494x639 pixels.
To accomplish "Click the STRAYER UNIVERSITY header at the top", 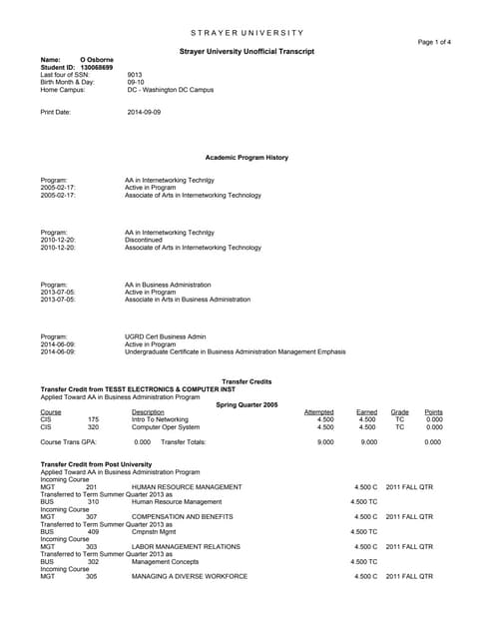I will [x=246, y=34].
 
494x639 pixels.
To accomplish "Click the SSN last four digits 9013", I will [x=136, y=75].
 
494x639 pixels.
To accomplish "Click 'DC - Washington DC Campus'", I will [x=171, y=91].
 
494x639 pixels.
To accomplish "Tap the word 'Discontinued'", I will [x=146, y=240].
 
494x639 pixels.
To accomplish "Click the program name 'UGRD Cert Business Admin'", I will [x=165, y=336].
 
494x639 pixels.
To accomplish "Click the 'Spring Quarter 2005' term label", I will [x=247, y=404].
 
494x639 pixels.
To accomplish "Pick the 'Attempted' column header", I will [x=318, y=412].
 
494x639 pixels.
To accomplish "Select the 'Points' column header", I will [x=433, y=412].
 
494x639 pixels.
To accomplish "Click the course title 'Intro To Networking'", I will [x=160, y=419].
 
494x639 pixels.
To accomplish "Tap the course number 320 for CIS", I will [x=93, y=427].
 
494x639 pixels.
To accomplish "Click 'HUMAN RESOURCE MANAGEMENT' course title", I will [x=187, y=486].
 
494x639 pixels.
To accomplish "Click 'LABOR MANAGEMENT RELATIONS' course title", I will [x=186, y=547].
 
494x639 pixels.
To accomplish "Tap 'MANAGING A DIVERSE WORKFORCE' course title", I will [x=189, y=577].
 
